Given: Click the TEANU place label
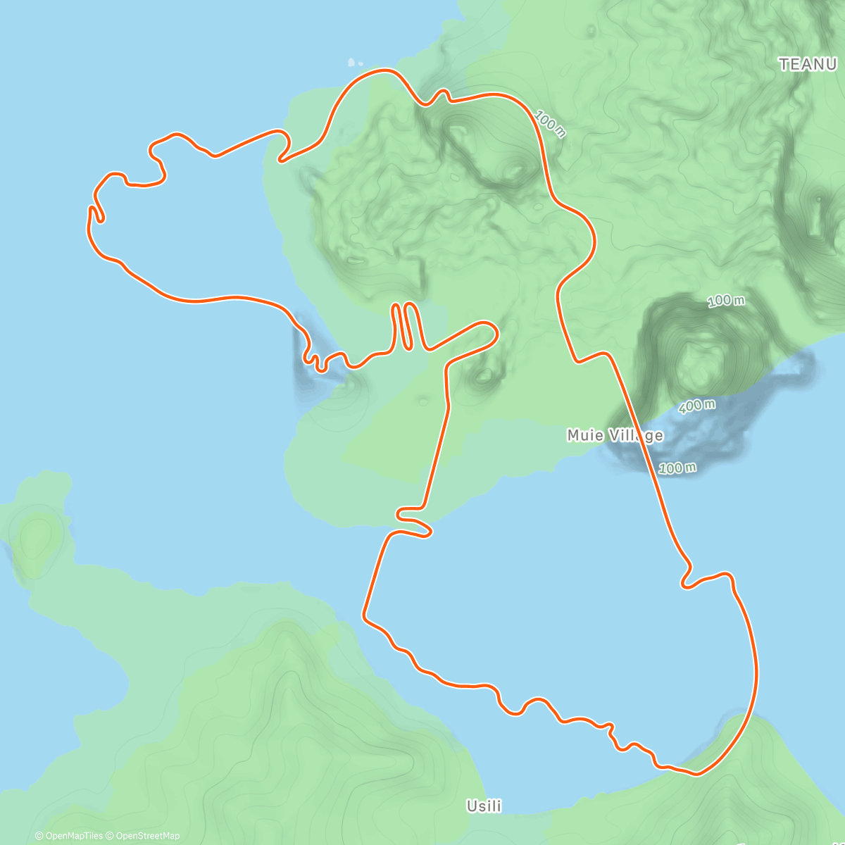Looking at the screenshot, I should point(807,64).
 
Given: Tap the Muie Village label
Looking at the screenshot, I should point(615,436).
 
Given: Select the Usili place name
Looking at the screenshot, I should point(484,806).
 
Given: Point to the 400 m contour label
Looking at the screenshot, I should point(697,406).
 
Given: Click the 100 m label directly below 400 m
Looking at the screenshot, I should point(678,468).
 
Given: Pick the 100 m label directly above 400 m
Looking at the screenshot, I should point(726,301).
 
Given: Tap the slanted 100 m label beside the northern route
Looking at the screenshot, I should point(550,124).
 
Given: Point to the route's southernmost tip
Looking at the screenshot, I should point(696,774).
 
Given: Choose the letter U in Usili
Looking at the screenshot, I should point(472,806).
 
